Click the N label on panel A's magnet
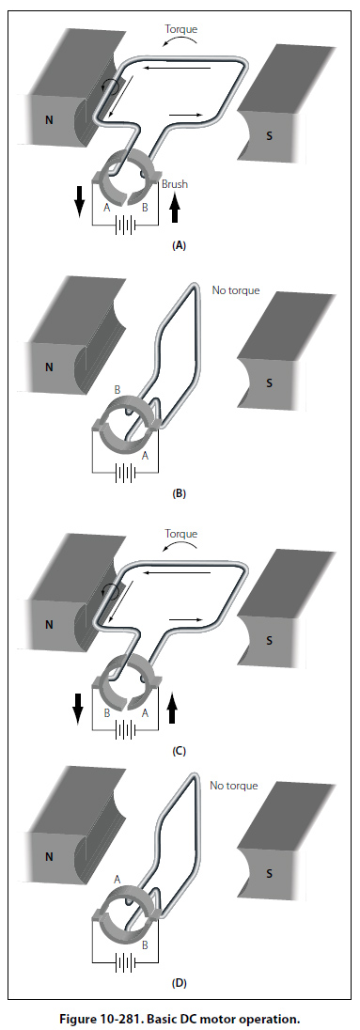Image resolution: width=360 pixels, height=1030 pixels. (x=49, y=120)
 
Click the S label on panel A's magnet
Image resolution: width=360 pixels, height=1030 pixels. (x=269, y=136)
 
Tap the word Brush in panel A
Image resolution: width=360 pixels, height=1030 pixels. (x=175, y=184)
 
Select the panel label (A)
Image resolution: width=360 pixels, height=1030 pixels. (x=180, y=245)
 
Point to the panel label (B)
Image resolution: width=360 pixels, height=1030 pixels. (x=180, y=494)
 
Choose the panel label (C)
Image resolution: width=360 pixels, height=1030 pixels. (x=180, y=750)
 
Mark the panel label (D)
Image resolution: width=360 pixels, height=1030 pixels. (x=180, y=983)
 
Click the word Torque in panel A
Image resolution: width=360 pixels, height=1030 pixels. (x=180, y=30)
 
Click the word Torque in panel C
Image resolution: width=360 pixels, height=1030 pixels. (x=180, y=534)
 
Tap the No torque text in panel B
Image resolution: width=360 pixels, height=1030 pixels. (x=236, y=289)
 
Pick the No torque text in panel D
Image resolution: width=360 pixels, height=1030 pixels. (x=234, y=785)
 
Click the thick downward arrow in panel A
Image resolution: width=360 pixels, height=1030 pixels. (x=80, y=201)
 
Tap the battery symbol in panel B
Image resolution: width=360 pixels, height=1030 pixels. (x=125, y=473)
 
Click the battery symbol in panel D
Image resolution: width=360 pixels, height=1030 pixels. (x=125, y=962)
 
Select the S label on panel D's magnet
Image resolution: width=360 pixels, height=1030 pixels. (x=269, y=874)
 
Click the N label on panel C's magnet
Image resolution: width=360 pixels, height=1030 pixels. (x=49, y=625)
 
